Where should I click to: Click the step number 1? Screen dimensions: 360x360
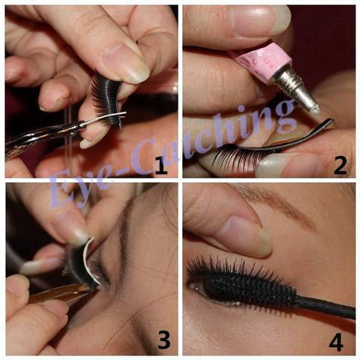coord(161,166)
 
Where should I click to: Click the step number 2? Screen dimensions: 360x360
coord(340,166)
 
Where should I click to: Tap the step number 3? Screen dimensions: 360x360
coord(163,340)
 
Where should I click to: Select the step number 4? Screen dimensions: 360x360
coord(336,341)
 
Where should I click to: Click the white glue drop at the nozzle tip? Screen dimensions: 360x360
coord(316,109)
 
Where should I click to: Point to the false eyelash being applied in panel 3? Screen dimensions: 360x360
coord(80,262)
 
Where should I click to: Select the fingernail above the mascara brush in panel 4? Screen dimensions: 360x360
coord(245,235)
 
